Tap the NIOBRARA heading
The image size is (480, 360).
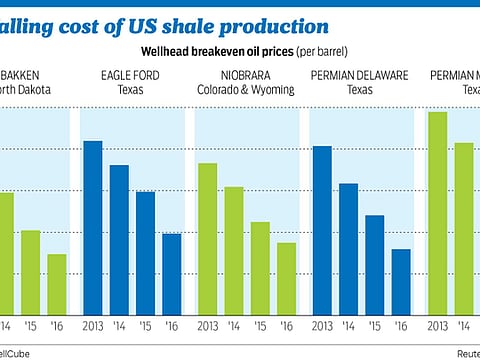(x=246, y=74)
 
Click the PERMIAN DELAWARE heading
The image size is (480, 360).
(x=361, y=74)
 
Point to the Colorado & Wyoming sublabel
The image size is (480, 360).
(x=246, y=88)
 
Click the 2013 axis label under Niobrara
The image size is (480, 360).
(x=207, y=326)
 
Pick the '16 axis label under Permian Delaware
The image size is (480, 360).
(x=400, y=326)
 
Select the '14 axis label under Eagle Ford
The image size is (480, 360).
(x=119, y=326)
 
